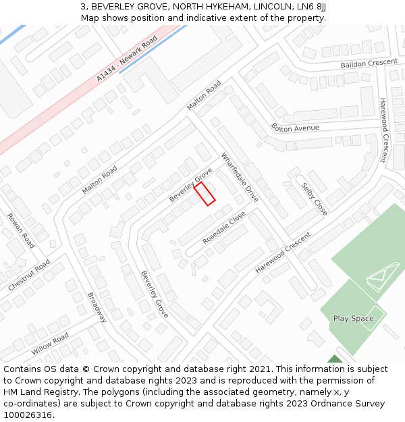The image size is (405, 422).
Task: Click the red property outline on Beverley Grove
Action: click(205, 193)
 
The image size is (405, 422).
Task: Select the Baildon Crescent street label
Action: click(369, 62)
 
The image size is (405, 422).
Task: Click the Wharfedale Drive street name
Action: click(240, 177)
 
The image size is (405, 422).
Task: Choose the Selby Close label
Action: click(314, 199)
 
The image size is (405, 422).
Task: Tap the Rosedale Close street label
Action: click(224, 228)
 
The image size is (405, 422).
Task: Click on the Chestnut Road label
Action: click(29, 275)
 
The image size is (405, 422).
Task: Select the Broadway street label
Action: click(97, 307)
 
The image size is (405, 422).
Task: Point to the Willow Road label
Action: click(50, 344)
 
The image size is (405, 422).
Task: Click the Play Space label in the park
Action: click(353, 319)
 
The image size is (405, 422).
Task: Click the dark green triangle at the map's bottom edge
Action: click(335, 360)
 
